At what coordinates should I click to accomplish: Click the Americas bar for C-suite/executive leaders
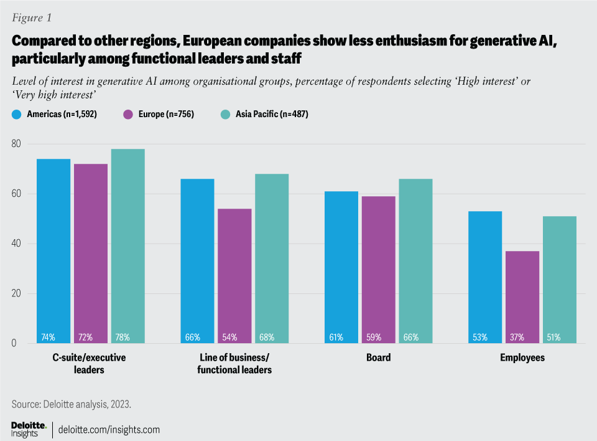coord(53,249)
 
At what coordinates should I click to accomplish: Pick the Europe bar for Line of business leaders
coord(234,274)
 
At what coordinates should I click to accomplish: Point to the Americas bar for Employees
coord(485,274)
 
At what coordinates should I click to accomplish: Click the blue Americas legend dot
coord(17,114)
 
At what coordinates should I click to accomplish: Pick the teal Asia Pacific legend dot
coord(225,114)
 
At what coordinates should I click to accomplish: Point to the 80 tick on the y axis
coord(17,144)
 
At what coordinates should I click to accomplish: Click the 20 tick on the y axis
coord(17,293)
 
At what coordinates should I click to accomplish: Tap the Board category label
coord(378,358)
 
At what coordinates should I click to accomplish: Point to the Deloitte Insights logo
coord(29,429)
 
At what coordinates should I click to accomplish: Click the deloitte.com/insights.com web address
coord(109,429)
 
